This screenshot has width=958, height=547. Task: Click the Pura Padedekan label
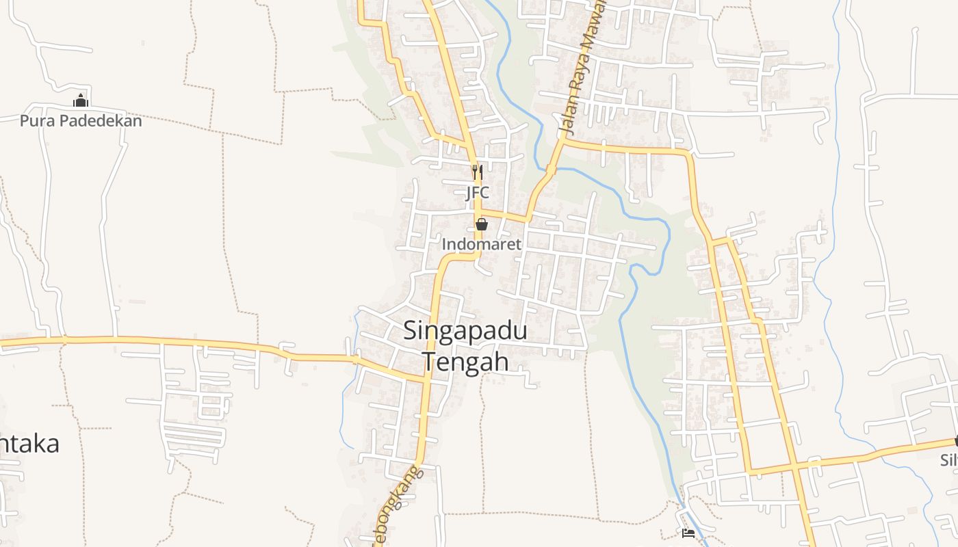(81, 121)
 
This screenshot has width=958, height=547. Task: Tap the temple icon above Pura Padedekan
(81, 101)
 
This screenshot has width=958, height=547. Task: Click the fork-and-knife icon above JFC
(478, 172)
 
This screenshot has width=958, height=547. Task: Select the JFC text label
(478, 193)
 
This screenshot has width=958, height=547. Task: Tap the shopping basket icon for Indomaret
(482, 224)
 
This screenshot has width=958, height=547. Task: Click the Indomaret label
(482, 244)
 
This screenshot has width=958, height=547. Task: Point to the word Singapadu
(465, 331)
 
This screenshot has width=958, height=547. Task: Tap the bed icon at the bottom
(688, 533)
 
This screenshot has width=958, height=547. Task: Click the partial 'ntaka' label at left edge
(30, 444)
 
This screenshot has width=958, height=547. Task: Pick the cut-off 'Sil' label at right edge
(948, 460)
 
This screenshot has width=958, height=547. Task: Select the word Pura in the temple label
(36, 121)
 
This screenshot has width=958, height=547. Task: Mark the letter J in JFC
(469, 193)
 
